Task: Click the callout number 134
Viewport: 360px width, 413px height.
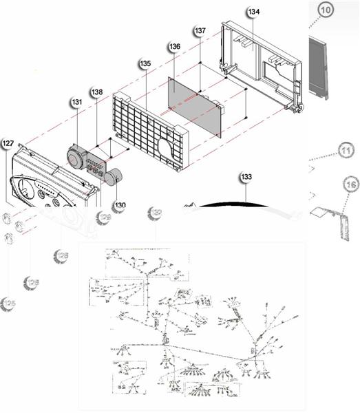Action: [x=253, y=12]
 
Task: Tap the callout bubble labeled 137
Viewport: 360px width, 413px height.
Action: [x=200, y=32]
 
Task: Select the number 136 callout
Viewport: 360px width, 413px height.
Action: [x=174, y=46]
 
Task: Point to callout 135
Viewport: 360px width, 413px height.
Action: [x=145, y=63]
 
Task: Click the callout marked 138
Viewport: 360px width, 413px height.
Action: [x=97, y=92]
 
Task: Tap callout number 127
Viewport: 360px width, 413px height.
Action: [x=8, y=143]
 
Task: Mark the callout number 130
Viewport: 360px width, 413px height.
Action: [x=120, y=205]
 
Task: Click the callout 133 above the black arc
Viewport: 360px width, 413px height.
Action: [x=246, y=178]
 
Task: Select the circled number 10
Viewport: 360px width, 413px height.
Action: [x=326, y=10]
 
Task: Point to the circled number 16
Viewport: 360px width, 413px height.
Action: [x=350, y=184]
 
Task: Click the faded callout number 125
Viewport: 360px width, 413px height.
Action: [x=9, y=304]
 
